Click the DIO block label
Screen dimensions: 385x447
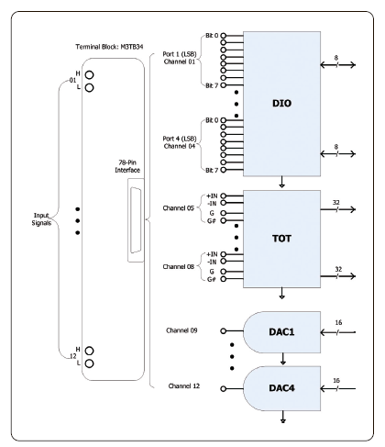point(281,104)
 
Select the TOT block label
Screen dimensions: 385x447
point(281,239)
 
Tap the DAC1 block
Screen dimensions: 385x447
point(281,332)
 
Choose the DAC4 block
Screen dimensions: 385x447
point(281,388)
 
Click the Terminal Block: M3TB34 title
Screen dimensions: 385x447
point(109,47)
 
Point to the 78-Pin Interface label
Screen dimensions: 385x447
point(127,166)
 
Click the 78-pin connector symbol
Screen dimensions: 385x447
point(136,220)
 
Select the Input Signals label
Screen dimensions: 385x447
point(41,219)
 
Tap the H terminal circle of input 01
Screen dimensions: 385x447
point(89,75)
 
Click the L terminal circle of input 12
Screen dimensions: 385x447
point(89,363)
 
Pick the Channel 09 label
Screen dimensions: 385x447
point(181,330)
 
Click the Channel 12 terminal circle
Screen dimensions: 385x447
point(224,389)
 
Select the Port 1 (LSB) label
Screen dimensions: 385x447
point(180,54)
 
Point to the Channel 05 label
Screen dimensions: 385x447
point(179,208)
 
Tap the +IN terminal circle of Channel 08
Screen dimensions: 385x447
point(224,254)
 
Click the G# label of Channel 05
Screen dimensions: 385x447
point(212,220)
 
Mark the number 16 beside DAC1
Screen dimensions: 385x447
point(338,322)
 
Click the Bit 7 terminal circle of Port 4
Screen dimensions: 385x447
point(224,170)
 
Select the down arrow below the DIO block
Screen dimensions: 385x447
point(282,182)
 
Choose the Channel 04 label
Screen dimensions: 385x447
point(180,146)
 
